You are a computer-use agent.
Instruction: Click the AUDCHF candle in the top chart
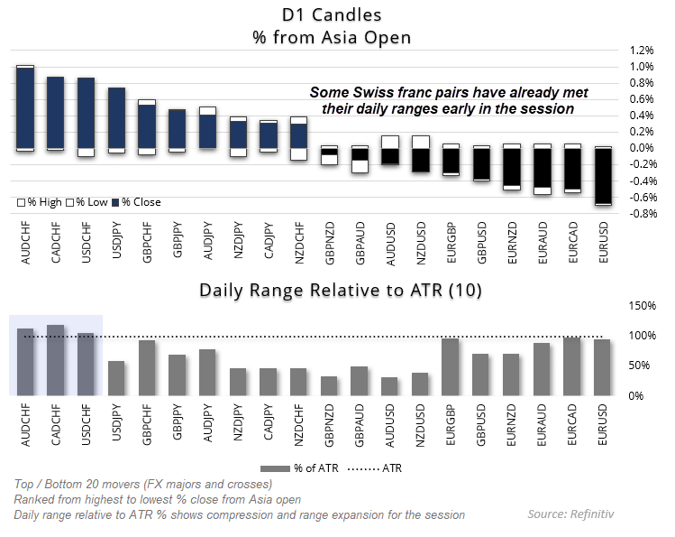[x=25, y=108]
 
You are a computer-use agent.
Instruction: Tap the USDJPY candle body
[x=117, y=117]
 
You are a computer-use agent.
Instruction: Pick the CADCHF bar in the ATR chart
[x=56, y=360]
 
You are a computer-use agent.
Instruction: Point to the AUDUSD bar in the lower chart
[x=390, y=385]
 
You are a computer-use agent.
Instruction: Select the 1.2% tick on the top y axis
[x=643, y=51]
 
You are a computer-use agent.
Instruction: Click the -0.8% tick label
[x=642, y=214]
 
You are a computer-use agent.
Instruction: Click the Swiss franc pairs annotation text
[x=448, y=100]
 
